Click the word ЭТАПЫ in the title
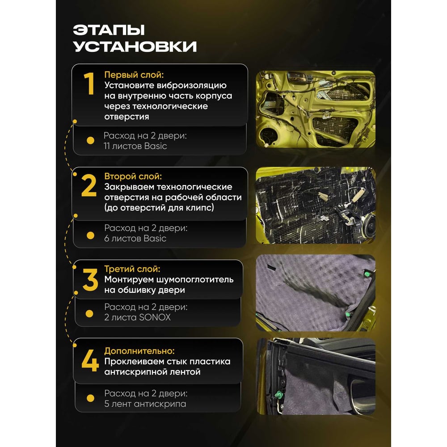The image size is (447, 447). pyautogui.click(x=109, y=30)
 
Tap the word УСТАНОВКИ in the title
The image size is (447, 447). pyautogui.click(x=135, y=46)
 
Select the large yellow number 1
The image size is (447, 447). pyautogui.click(x=89, y=83)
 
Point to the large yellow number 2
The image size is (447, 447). pyautogui.click(x=89, y=186)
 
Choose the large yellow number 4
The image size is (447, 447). pyautogui.click(x=90, y=361)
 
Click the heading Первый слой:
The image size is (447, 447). pyautogui.click(x=134, y=75)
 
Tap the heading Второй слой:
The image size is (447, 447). pyautogui.click(x=133, y=176)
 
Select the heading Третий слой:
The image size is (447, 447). pyautogui.click(x=132, y=269)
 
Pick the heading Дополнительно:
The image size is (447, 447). pyautogui.click(x=139, y=350)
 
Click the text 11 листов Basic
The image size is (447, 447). pyautogui.click(x=135, y=146)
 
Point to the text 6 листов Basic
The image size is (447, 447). pyautogui.click(x=135, y=238)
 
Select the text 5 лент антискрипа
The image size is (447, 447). pyautogui.click(x=145, y=404)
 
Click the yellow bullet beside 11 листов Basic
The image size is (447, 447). pyautogui.click(x=90, y=140)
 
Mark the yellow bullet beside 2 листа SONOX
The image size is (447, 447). pyautogui.click(x=89, y=314)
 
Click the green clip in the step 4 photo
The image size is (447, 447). pyautogui.click(x=278, y=395)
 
